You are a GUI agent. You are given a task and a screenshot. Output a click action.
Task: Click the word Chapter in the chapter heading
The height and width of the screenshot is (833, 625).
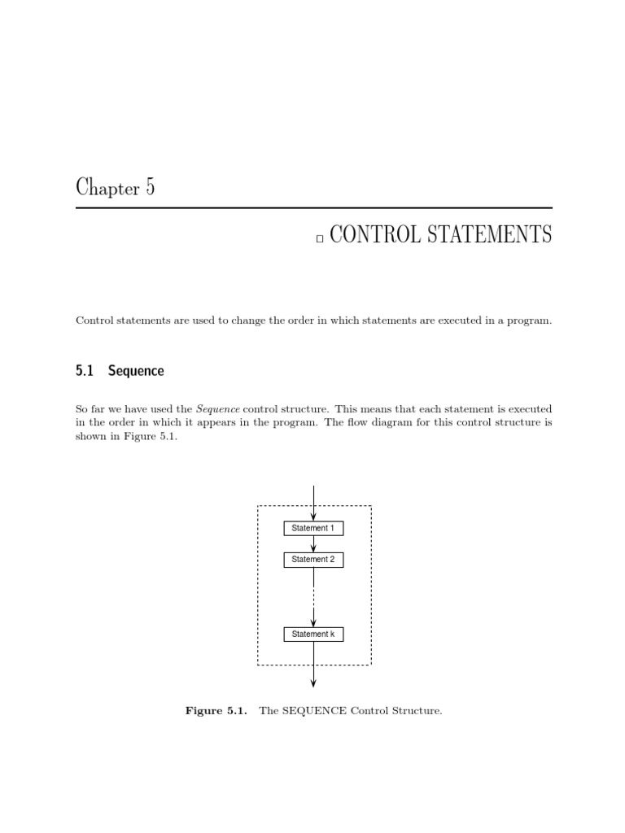click(x=107, y=189)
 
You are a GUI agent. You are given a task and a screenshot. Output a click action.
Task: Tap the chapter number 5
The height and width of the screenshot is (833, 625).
click(x=150, y=188)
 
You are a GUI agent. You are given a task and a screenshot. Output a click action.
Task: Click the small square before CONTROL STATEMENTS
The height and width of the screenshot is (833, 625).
click(x=320, y=238)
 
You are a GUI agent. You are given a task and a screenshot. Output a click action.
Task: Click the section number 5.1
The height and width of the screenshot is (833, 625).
click(x=85, y=371)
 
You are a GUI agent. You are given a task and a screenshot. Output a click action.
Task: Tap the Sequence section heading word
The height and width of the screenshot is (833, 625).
click(x=136, y=372)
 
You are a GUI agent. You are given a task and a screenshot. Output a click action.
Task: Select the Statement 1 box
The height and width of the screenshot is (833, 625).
click(x=313, y=529)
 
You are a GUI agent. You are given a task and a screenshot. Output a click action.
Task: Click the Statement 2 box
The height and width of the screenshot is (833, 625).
click(x=313, y=560)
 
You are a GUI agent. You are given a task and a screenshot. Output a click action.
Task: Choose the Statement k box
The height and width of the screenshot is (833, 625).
click(x=313, y=635)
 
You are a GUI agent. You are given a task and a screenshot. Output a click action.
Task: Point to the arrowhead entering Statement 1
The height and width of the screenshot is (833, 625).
click(x=313, y=517)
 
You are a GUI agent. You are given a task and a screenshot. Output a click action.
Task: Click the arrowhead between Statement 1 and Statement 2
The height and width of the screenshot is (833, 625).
click(x=313, y=548)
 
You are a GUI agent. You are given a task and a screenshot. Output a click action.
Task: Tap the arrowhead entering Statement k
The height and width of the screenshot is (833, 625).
click(x=313, y=623)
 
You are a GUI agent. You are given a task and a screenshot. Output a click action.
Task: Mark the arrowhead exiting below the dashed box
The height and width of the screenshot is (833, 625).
click(x=313, y=683)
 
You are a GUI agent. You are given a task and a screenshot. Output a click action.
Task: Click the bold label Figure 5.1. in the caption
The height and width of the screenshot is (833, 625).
click(x=216, y=712)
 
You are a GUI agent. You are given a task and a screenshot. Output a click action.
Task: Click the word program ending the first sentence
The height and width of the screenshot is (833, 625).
click(x=531, y=321)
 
